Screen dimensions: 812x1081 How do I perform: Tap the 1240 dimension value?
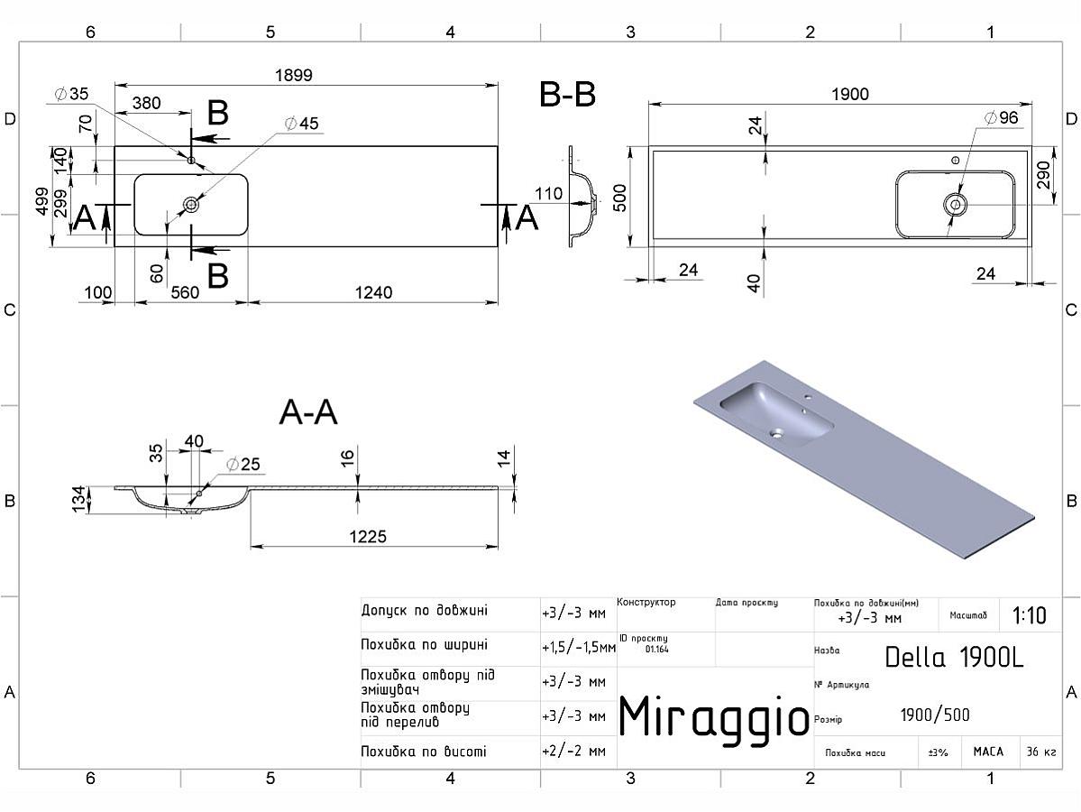click(372, 292)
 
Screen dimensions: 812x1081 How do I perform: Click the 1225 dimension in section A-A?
click(368, 537)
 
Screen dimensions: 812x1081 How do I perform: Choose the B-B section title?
click(567, 95)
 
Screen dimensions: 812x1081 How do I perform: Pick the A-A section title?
click(308, 412)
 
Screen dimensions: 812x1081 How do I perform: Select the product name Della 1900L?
click(954, 657)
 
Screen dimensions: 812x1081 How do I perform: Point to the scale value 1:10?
click(1029, 616)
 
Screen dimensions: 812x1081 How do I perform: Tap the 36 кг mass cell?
click(1040, 752)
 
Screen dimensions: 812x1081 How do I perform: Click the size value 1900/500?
click(935, 715)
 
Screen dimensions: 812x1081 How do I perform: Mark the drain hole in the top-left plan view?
click(191, 205)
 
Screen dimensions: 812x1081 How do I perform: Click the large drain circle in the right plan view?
click(955, 204)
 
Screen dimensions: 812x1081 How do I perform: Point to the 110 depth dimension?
click(548, 193)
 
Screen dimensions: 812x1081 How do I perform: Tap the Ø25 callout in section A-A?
click(243, 465)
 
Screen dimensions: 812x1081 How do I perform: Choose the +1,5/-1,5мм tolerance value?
click(578, 647)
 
